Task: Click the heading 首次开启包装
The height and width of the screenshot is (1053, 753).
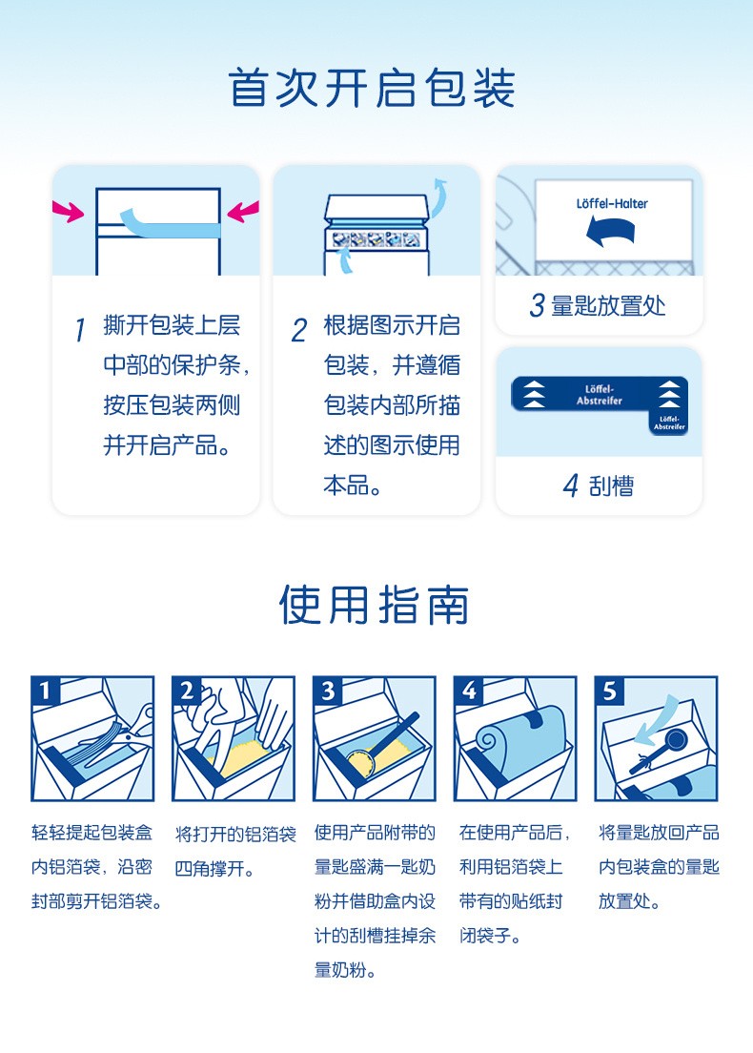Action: (x=373, y=88)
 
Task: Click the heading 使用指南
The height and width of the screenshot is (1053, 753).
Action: (x=374, y=605)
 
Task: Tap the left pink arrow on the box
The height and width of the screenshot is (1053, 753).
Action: (x=69, y=212)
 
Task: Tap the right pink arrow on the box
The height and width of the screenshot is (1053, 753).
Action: (x=243, y=212)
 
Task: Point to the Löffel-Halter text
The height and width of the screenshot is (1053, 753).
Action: (x=612, y=203)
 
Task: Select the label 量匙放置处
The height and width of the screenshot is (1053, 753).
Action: (x=608, y=305)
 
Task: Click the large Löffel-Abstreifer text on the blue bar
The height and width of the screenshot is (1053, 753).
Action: (x=600, y=395)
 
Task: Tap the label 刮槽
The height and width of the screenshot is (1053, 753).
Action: (x=611, y=485)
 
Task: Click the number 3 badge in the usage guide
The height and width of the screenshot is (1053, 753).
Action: (x=328, y=691)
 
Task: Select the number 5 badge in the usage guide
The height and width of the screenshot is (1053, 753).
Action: (x=609, y=691)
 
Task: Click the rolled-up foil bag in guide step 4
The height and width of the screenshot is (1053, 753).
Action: (x=520, y=737)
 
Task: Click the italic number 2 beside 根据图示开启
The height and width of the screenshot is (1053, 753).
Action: (x=299, y=330)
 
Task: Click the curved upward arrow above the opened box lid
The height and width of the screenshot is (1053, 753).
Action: (x=438, y=198)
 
